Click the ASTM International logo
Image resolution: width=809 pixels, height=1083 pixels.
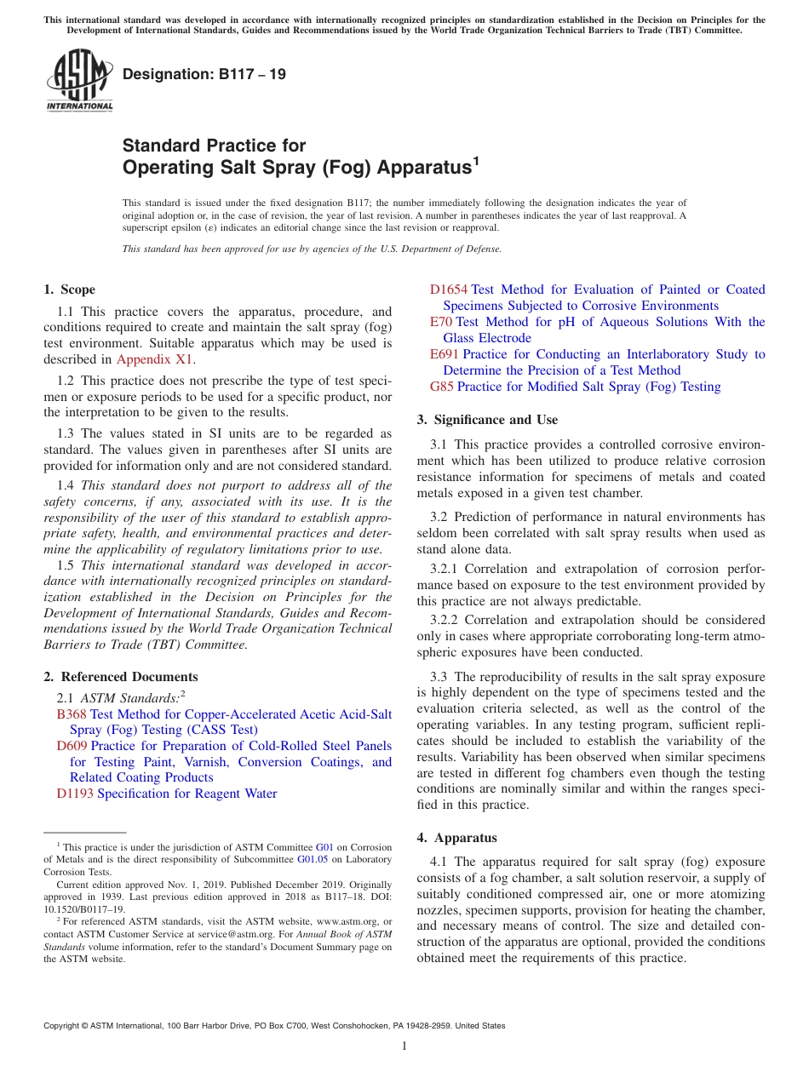coord(79,81)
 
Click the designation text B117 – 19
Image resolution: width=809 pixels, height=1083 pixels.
coord(204,74)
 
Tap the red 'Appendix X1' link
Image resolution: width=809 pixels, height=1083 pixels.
coord(155,358)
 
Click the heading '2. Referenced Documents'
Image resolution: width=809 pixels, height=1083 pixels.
coord(120,677)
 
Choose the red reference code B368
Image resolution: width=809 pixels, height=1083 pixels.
coord(71,713)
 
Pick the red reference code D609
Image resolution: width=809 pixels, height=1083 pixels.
coord(72,746)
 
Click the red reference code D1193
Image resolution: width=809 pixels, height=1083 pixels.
coord(75,794)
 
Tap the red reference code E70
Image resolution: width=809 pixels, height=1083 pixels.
coord(440,322)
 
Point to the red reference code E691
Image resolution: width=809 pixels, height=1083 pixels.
coord(444,354)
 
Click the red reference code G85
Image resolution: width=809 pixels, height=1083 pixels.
coord(441,387)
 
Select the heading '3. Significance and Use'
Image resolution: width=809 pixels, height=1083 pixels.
coord(487,420)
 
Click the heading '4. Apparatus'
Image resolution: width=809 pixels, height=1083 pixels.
coord(456,838)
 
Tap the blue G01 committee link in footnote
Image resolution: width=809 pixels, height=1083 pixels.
coord(324,847)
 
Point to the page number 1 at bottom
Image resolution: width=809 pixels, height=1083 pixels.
coord(404,1046)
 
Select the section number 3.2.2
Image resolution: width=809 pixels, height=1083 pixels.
coord(445,620)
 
